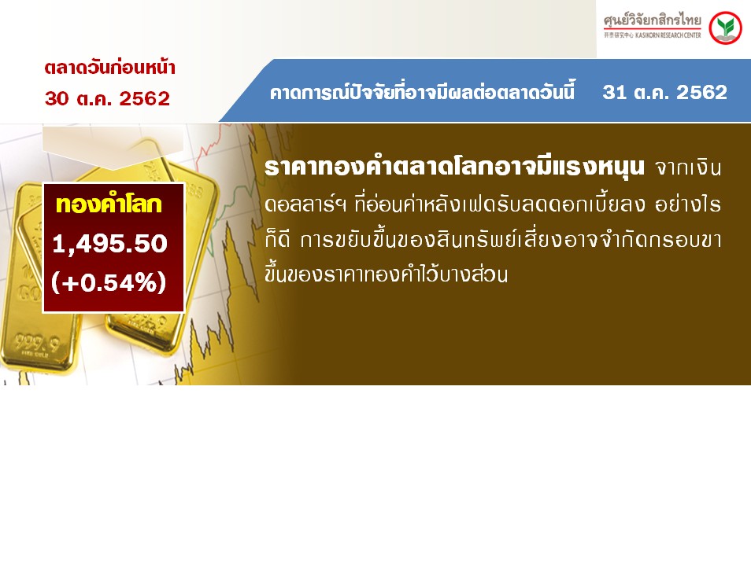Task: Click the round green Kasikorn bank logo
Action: click(x=725, y=28)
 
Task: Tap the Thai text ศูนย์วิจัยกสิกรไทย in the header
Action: click(x=653, y=20)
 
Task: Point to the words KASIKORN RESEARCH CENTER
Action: click(x=668, y=35)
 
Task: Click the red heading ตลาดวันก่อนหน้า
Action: click(x=109, y=68)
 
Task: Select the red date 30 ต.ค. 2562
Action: click(x=107, y=98)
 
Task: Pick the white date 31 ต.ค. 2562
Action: click(x=664, y=92)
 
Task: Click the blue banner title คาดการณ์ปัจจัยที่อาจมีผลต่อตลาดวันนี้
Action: click(x=422, y=91)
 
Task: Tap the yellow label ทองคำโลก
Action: click(x=109, y=204)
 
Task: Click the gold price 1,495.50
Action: click(x=109, y=244)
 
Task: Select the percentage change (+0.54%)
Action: click(x=109, y=281)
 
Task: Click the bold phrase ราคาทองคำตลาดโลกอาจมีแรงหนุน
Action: click(x=454, y=167)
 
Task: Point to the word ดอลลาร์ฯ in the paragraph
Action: click(x=305, y=204)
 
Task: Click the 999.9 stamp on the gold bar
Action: click(x=37, y=343)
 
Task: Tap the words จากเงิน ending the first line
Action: click(x=688, y=168)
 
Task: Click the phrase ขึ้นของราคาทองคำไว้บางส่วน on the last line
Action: click(x=386, y=274)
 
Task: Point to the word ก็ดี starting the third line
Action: click(x=277, y=239)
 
